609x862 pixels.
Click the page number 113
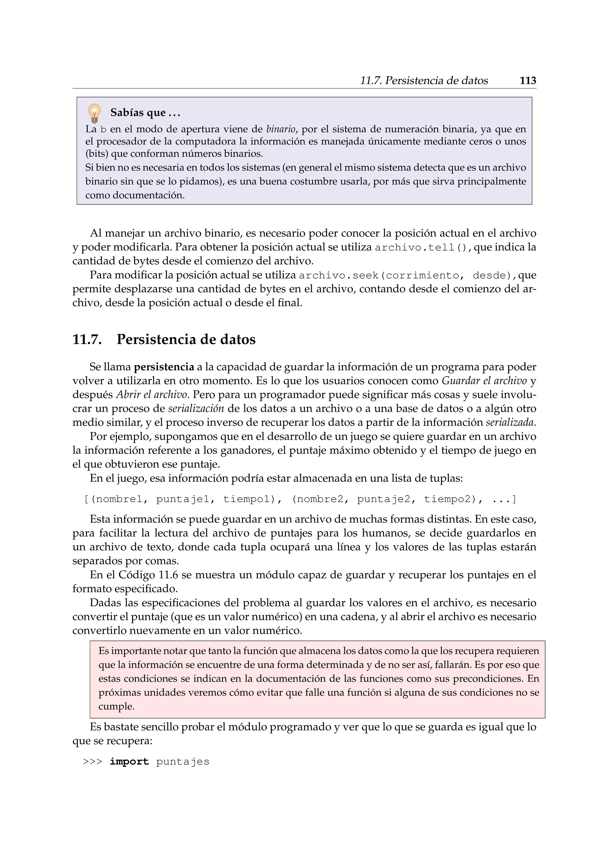coord(528,80)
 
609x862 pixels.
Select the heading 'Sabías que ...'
coord(145,113)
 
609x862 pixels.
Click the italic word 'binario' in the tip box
coord(281,129)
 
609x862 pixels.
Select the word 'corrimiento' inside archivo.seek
coord(422,276)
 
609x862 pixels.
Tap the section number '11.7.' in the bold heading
coord(87,339)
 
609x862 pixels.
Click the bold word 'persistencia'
coord(164,367)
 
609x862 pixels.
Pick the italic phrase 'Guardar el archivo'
coord(484,381)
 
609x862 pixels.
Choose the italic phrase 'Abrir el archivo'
coord(151,395)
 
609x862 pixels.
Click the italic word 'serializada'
coord(510,422)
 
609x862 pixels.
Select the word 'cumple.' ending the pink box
coord(116,707)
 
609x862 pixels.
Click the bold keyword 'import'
coord(129,762)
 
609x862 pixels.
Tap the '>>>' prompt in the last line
coord(92,762)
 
